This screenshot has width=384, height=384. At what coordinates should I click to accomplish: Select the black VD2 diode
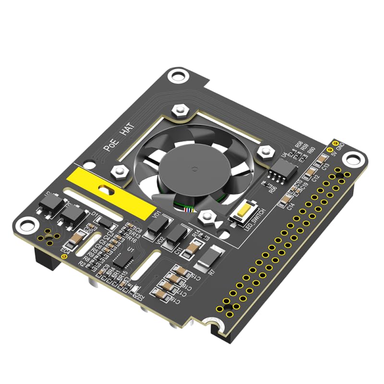coord(177,234)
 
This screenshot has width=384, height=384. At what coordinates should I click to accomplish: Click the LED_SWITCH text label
coord(253,221)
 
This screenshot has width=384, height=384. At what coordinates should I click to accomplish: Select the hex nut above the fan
coord(180,110)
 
